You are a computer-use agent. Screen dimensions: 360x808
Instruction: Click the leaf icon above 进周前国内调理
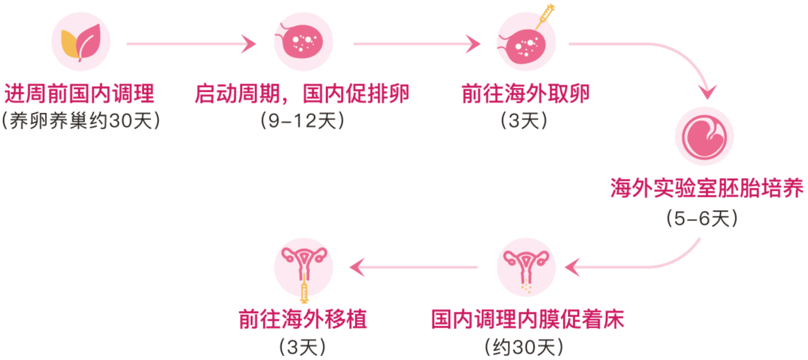tap(81, 42)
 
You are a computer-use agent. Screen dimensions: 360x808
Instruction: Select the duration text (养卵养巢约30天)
tap(81, 121)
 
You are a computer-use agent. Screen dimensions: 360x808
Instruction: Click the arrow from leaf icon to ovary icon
tap(191, 44)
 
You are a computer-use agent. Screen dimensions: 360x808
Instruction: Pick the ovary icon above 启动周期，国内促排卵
tap(303, 42)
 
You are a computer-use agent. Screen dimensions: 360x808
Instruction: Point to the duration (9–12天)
tap(302, 121)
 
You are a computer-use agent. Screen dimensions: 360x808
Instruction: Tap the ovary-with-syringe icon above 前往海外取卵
tap(526, 44)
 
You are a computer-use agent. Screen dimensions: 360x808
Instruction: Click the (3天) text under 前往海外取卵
tap(524, 121)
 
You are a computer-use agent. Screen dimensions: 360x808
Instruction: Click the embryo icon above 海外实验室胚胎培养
tap(704, 136)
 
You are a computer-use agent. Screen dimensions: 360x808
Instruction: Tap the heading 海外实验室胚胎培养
tap(706, 188)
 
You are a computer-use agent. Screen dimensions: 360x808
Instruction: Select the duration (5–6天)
tap(702, 218)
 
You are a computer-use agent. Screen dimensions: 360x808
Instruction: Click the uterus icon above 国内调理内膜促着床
tap(526, 266)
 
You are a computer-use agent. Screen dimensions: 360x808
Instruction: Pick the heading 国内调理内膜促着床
tap(527, 320)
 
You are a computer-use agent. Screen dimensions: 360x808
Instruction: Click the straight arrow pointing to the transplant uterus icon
tap(413, 267)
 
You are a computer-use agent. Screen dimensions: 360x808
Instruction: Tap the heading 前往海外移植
tap(303, 320)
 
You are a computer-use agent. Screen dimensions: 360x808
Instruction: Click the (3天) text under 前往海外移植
tap(303, 347)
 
